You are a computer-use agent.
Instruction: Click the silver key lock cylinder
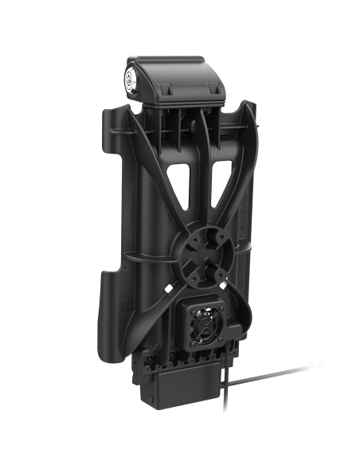click(131, 78)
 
